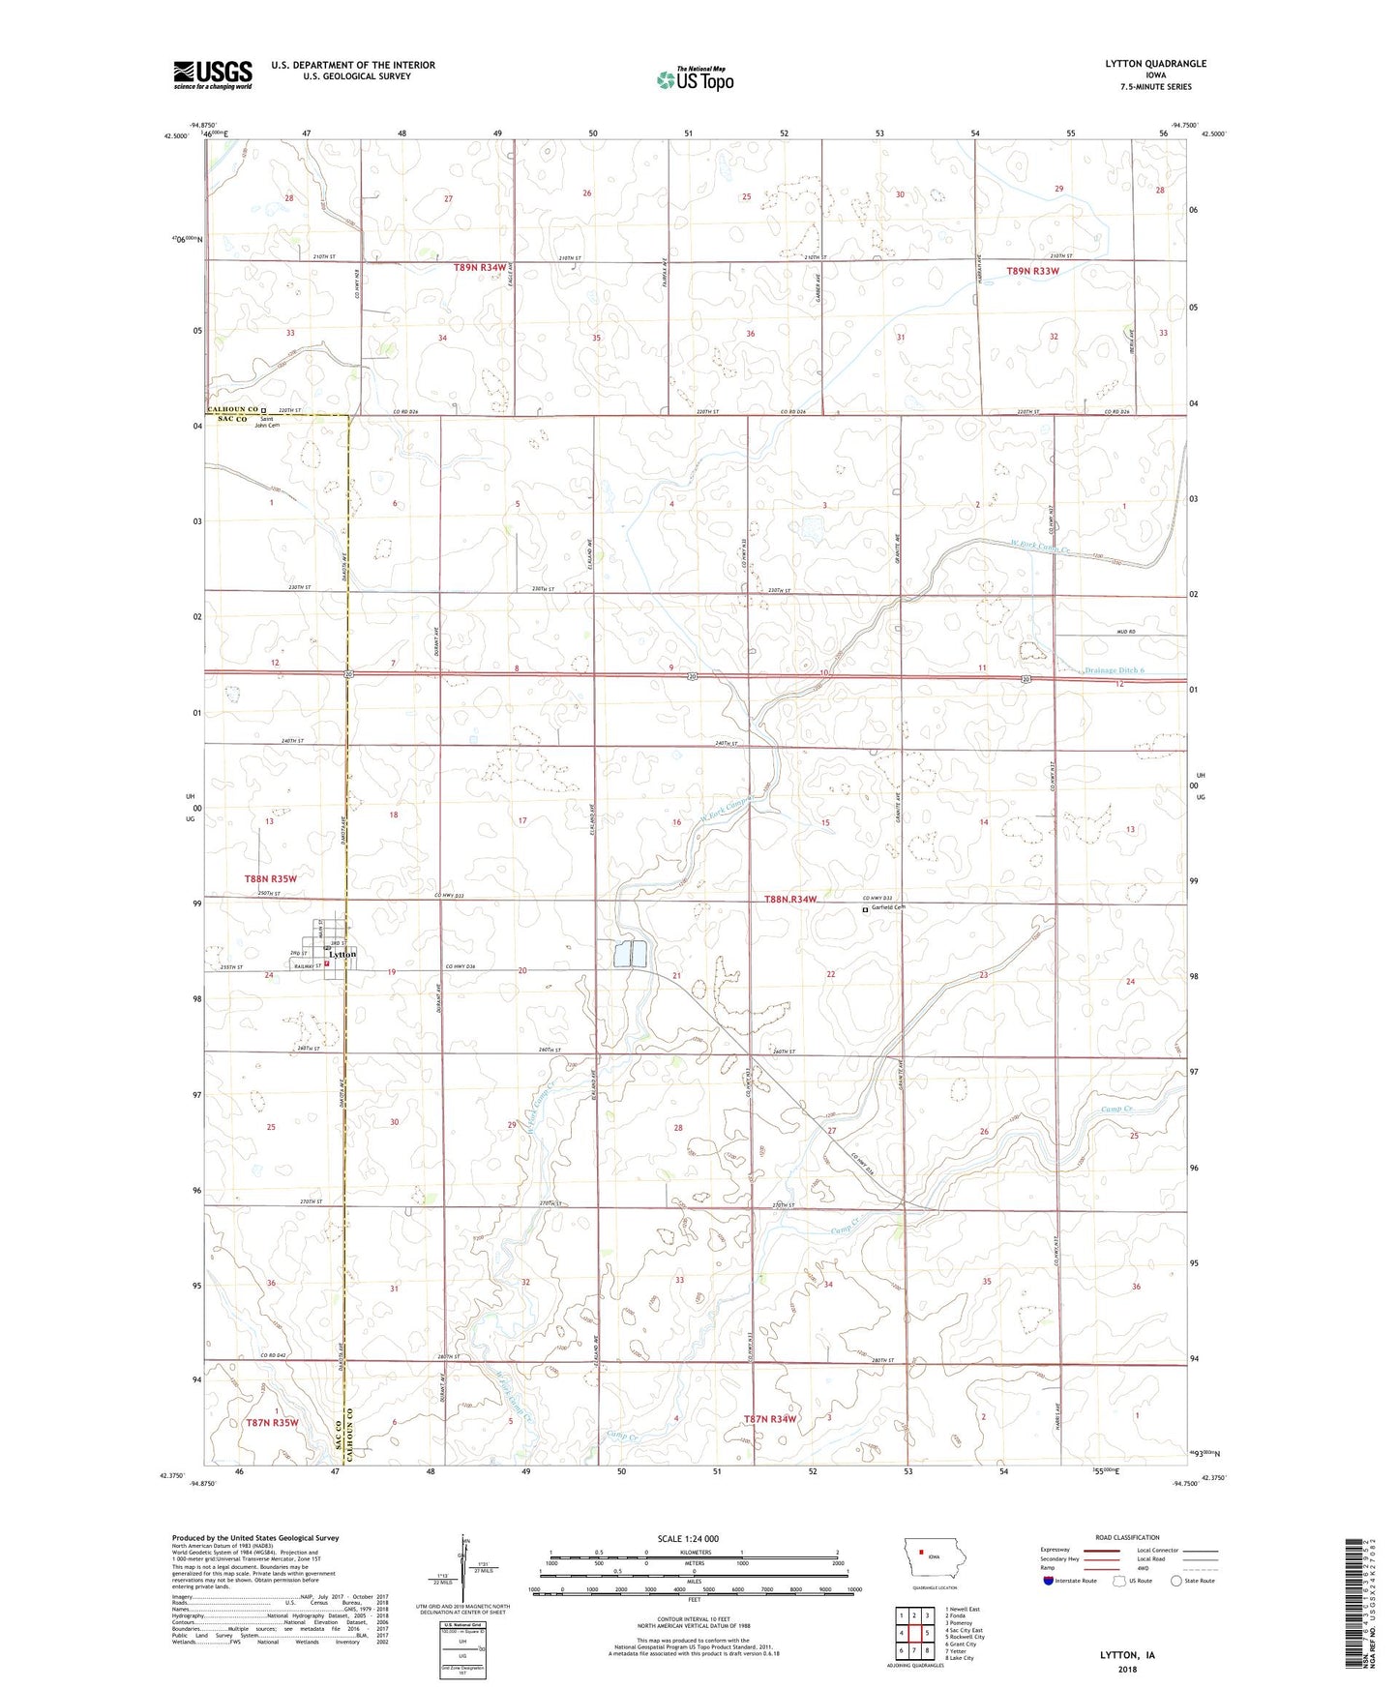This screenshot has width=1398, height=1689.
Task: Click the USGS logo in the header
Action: click(x=213, y=74)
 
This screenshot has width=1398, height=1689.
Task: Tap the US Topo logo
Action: click(x=695, y=78)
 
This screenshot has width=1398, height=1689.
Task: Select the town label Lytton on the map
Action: click(x=342, y=955)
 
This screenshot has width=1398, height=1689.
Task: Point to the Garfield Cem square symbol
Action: click(x=865, y=909)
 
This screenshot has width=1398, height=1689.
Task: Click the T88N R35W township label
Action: click(x=270, y=878)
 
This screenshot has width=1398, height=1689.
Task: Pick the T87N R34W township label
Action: click(x=769, y=1419)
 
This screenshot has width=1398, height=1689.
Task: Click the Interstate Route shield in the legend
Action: click(x=1048, y=1581)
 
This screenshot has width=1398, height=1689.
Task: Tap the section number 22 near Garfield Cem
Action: click(x=830, y=974)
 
